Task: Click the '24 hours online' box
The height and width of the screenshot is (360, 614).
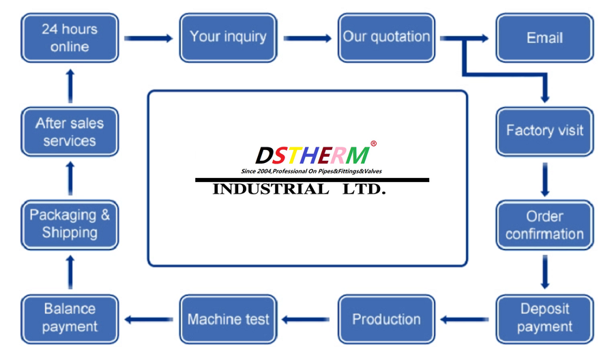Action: coord(70,38)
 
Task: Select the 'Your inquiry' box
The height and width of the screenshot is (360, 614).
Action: coord(229,38)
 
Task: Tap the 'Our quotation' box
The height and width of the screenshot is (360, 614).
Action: coord(387,38)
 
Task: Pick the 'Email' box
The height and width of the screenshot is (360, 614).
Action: coord(544,38)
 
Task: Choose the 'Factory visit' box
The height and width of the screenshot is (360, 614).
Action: coord(544,132)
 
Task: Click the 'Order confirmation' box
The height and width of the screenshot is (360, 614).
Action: coord(544,226)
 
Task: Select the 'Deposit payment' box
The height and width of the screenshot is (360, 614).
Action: coord(544,319)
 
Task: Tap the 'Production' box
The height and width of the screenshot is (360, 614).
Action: coord(387,319)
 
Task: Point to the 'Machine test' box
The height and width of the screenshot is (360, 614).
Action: coord(229,319)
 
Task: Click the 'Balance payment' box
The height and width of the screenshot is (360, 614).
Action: coord(70,319)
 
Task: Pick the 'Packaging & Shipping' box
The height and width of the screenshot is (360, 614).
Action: coord(70,226)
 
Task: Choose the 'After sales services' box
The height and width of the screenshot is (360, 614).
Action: coord(70,132)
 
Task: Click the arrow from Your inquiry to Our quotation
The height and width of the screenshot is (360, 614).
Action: coord(308,38)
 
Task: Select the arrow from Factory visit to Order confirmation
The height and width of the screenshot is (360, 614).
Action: coord(544,179)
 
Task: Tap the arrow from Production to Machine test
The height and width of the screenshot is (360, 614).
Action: coord(306,320)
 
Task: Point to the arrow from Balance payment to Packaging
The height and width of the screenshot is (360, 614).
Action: coord(70,272)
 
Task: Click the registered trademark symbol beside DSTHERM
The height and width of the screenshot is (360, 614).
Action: coord(374,144)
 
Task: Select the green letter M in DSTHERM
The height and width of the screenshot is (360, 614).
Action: coord(357,155)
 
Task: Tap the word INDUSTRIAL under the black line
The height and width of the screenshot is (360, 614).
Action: coord(271,190)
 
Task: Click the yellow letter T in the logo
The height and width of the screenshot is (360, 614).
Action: coord(294,155)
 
